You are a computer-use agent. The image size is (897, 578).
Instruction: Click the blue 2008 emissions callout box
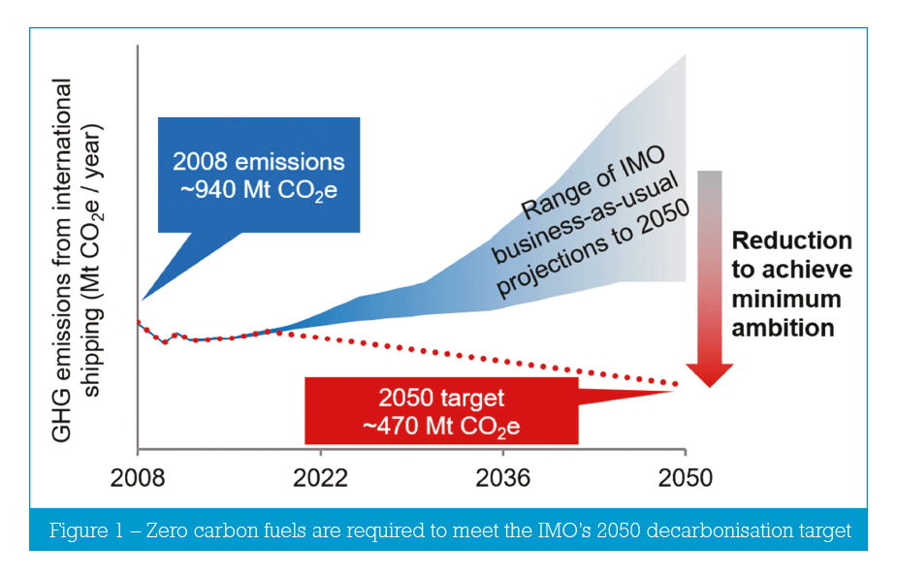click(x=258, y=175)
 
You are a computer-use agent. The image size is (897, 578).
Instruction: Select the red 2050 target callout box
click(x=441, y=410)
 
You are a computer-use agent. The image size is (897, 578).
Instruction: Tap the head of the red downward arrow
click(x=710, y=372)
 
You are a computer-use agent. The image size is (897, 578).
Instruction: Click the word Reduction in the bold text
click(x=791, y=241)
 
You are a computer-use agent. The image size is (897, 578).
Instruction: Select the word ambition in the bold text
click(x=783, y=327)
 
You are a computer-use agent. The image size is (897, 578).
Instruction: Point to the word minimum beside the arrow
click(x=786, y=298)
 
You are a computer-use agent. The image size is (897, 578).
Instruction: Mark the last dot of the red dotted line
click(x=676, y=385)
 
